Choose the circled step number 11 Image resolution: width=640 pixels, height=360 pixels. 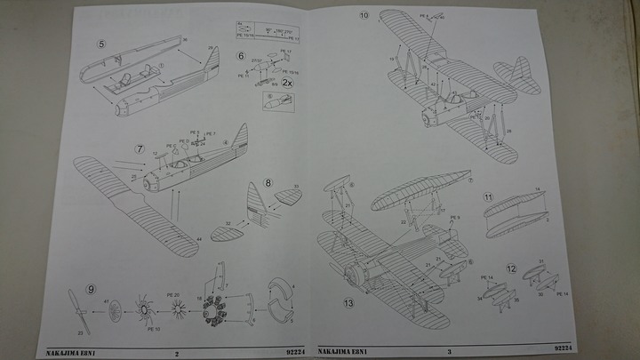point(488,196)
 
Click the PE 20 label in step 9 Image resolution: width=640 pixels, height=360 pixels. point(172,294)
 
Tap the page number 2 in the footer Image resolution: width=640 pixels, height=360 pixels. point(177,353)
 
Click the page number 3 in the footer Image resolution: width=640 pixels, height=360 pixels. point(449,353)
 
